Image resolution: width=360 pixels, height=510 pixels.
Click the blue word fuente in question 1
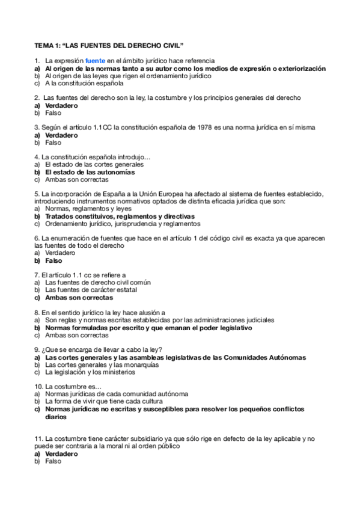(x=96, y=61)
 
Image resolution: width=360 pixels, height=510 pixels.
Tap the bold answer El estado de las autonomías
(x=90, y=172)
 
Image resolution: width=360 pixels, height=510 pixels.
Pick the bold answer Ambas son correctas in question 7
(x=79, y=297)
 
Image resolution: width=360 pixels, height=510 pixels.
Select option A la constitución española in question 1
(x=84, y=84)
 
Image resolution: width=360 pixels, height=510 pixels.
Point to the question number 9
(x=37, y=349)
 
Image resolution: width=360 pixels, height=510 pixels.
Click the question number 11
(x=38, y=439)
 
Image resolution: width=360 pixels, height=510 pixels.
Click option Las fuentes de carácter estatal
(x=91, y=289)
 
